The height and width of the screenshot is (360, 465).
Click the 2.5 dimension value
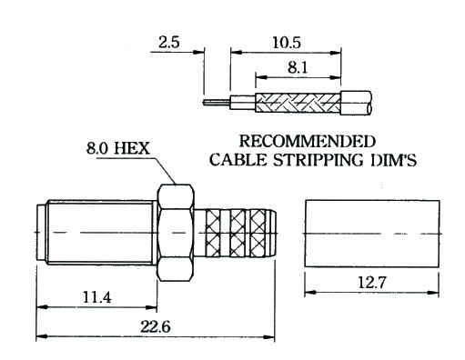click(x=169, y=42)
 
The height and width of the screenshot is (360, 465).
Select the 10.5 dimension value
click(x=287, y=43)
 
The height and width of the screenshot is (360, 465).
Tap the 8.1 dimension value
click(x=298, y=67)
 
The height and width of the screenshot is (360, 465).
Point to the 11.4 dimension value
click(x=97, y=297)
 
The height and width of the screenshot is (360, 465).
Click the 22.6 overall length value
click(x=156, y=326)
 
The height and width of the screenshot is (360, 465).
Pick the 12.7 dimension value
click(x=372, y=283)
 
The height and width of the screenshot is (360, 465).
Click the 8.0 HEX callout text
click(x=118, y=148)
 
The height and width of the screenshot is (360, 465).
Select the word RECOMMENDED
click(x=308, y=141)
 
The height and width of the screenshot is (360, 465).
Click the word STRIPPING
click(x=318, y=160)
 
